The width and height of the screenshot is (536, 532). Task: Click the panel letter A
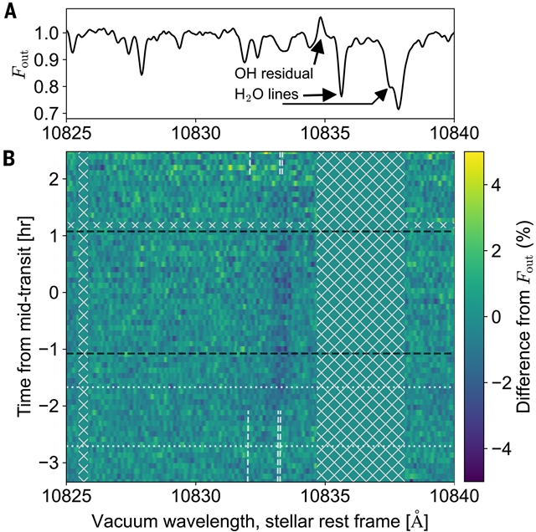click(x=11, y=13)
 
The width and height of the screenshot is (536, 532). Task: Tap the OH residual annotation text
click(x=274, y=74)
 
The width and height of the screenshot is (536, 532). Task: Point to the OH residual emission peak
click(x=320, y=18)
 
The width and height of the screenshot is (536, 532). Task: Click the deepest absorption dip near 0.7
click(x=399, y=108)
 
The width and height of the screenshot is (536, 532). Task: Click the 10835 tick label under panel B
click(x=325, y=496)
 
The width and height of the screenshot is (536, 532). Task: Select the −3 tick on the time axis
click(x=51, y=463)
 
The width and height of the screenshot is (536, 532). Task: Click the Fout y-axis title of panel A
click(x=21, y=64)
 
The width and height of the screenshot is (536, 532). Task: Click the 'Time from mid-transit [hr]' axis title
click(x=23, y=316)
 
